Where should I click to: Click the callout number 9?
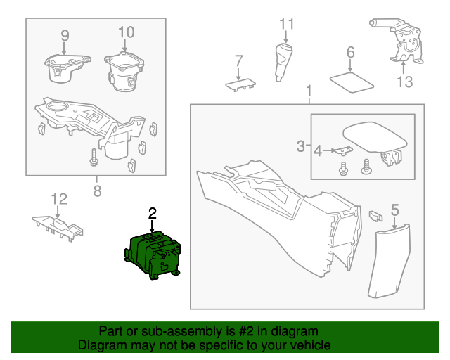point(65,34)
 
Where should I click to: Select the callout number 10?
point(125,32)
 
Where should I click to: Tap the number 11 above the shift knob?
point(286,25)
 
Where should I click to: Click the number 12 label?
point(58,199)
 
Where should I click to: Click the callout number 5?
point(394,209)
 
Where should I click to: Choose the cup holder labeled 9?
point(65,68)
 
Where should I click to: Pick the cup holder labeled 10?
point(124,71)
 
